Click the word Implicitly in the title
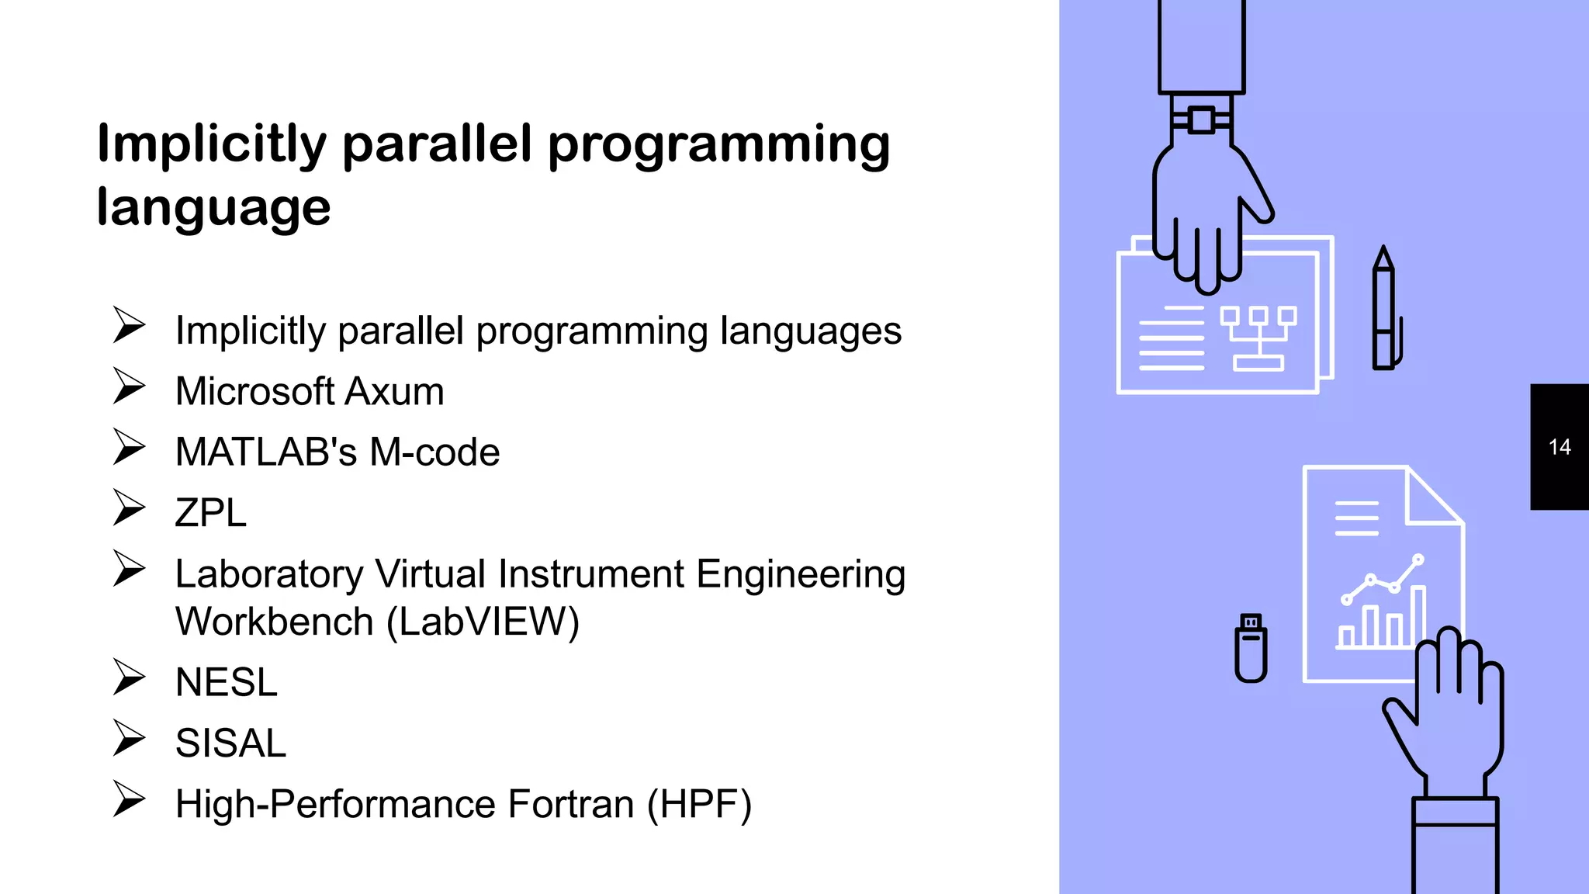[212, 145]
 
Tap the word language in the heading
[213, 208]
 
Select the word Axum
[395, 391]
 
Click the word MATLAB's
[266, 452]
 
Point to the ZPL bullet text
[210, 513]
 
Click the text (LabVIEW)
[483, 622]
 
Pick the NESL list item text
[226, 682]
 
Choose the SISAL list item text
[230, 743]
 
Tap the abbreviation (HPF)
[699, 804]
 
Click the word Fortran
[570, 804]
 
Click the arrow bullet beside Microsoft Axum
[128, 386]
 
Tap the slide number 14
[1559, 447]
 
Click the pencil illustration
[1384, 310]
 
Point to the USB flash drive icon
[1251, 648]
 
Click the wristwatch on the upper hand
[1201, 120]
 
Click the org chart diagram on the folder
[1258, 338]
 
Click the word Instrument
[591, 574]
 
